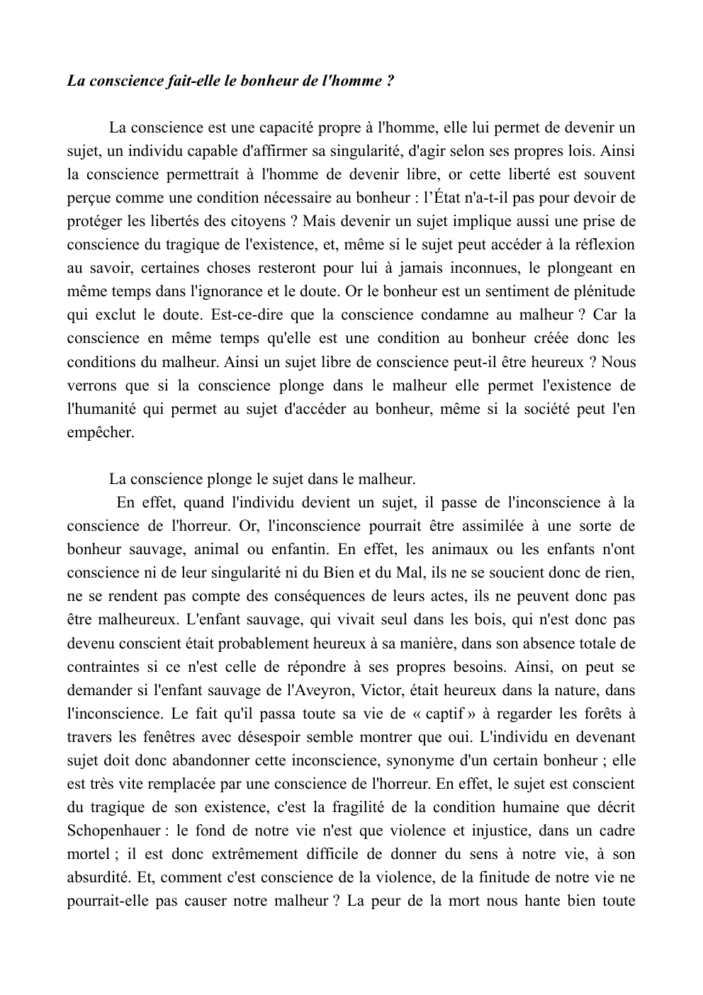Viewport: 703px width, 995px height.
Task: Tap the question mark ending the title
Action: point(390,81)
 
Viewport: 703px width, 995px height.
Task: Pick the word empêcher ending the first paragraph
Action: point(101,432)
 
